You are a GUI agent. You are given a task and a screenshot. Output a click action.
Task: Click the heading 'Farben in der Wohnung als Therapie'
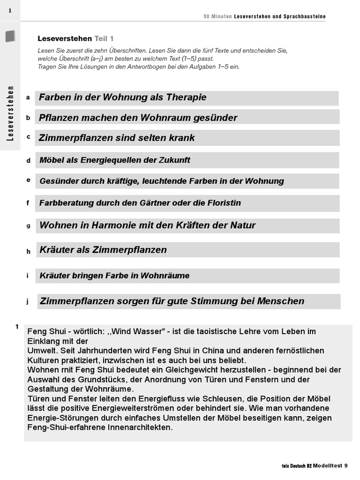(x=123, y=97)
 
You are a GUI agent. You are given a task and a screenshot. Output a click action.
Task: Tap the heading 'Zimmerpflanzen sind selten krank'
(x=117, y=138)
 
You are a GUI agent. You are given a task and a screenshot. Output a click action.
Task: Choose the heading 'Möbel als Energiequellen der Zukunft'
(x=115, y=160)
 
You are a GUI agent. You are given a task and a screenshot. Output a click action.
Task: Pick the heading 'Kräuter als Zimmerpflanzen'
(x=103, y=250)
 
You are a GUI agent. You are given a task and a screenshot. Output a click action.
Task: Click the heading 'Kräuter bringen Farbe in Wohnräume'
(x=115, y=276)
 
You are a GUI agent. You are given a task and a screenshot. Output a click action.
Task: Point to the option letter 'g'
(x=28, y=225)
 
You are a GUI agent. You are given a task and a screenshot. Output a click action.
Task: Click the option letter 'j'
(x=28, y=301)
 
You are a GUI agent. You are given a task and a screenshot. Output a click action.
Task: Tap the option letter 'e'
(x=28, y=180)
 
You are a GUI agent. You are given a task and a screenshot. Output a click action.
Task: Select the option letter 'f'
(x=28, y=203)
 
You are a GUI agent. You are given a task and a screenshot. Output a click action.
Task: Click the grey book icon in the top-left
(x=10, y=36)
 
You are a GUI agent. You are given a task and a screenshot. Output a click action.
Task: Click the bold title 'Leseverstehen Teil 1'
(x=75, y=39)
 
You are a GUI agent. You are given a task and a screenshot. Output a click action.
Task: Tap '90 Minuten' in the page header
(x=217, y=16)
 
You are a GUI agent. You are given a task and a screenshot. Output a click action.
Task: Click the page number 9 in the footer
(x=345, y=465)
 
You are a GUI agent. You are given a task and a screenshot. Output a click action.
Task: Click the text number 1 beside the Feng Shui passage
(x=17, y=327)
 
